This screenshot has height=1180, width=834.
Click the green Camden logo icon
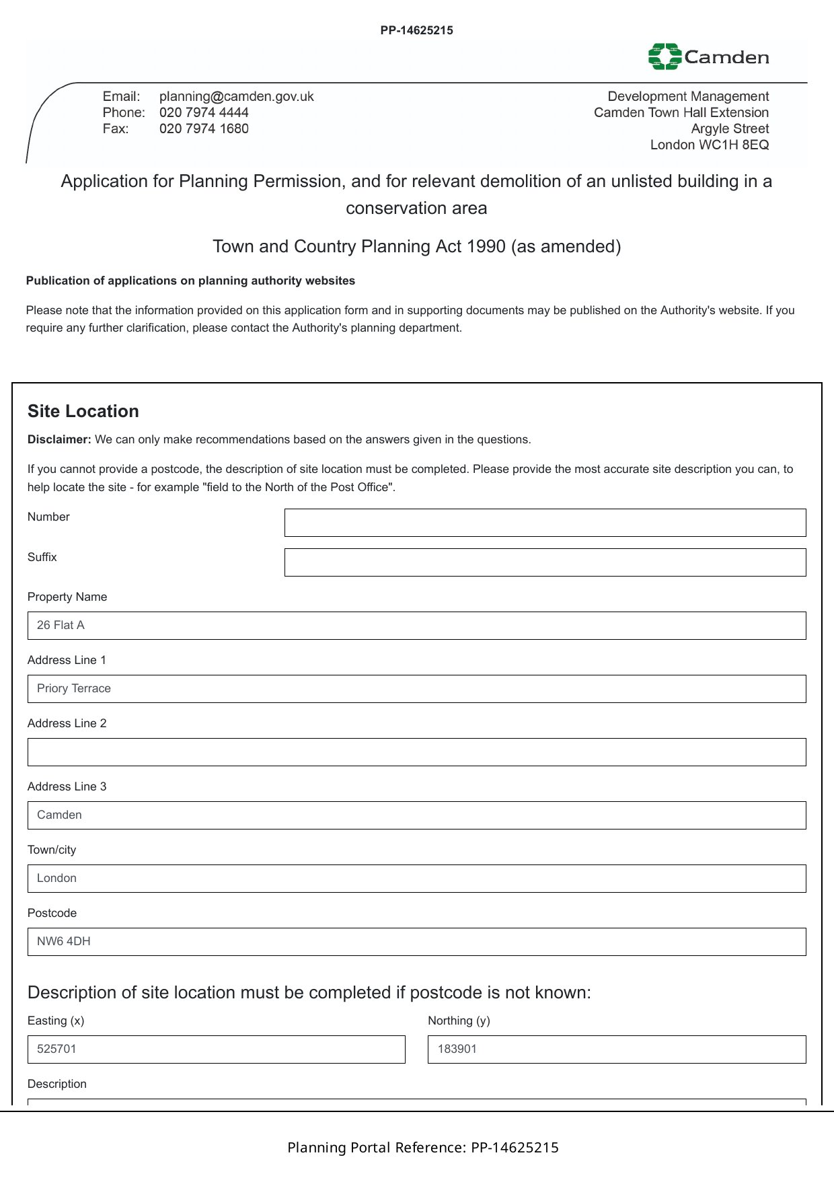[x=665, y=57]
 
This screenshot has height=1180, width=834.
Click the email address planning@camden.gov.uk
[x=236, y=96]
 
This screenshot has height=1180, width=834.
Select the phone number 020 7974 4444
[x=204, y=112]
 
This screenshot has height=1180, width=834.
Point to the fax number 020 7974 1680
[x=204, y=128]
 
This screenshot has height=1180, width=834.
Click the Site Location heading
[x=83, y=411]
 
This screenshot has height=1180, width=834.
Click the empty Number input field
[x=545, y=523]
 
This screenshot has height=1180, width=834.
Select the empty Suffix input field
[x=545, y=562]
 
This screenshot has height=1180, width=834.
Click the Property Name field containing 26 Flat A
[x=416, y=626]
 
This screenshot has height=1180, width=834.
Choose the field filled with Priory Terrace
[x=416, y=689]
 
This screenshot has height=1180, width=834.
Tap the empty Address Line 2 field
[x=416, y=752]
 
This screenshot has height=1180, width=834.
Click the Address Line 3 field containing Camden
[x=416, y=815]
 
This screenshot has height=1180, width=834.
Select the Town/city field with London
[x=416, y=879]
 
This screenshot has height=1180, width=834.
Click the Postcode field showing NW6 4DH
[x=416, y=942]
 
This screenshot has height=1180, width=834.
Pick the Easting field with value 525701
[x=216, y=1049]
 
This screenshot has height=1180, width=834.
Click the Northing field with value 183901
[x=616, y=1049]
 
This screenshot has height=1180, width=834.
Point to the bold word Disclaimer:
[x=59, y=439]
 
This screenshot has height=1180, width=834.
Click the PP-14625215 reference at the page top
[x=416, y=30]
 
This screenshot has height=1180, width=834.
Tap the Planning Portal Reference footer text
[x=422, y=1148]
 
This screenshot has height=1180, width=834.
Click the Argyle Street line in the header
[x=730, y=128]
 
